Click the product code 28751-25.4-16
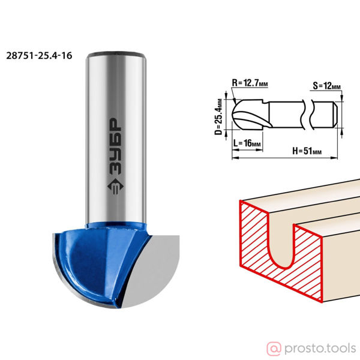pyautogui.click(x=39, y=56)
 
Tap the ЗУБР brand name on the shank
pyautogui.click(x=115, y=146)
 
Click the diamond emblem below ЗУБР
pyautogui.click(x=115, y=186)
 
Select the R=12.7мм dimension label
pyautogui.click(x=250, y=83)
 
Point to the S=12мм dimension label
pyautogui.click(x=326, y=86)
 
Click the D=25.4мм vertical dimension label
pyautogui.click(x=219, y=117)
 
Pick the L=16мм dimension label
pyautogui.click(x=247, y=143)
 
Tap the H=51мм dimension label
pyautogui.click(x=307, y=151)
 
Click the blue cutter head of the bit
pyautogui.click(x=101, y=262)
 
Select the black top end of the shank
pyautogui.click(x=116, y=54)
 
